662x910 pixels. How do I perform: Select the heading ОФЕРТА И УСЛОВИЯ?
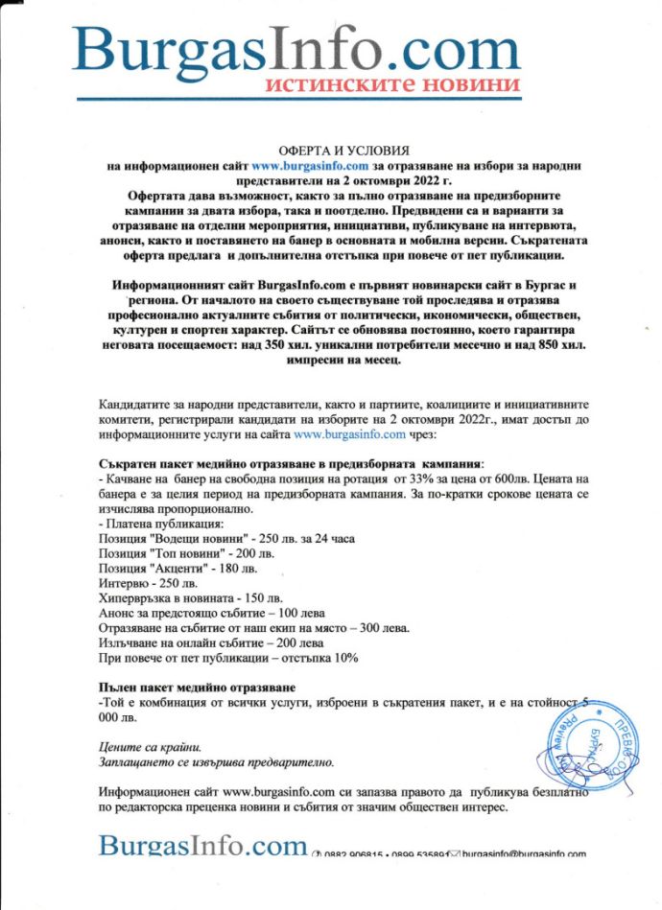pos(331,152)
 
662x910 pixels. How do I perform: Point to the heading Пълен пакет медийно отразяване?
pos(197,688)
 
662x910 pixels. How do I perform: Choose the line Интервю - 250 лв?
pos(148,583)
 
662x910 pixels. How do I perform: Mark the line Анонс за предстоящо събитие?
pos(212,613)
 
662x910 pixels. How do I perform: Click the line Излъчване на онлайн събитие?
pos(211,643)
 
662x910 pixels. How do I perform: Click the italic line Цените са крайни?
pos(151,747)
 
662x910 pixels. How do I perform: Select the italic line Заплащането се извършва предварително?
pos(217,762)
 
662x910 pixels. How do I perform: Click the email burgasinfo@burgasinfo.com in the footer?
pos(524,853)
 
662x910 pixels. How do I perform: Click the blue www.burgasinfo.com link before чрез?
pos(349,435)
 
